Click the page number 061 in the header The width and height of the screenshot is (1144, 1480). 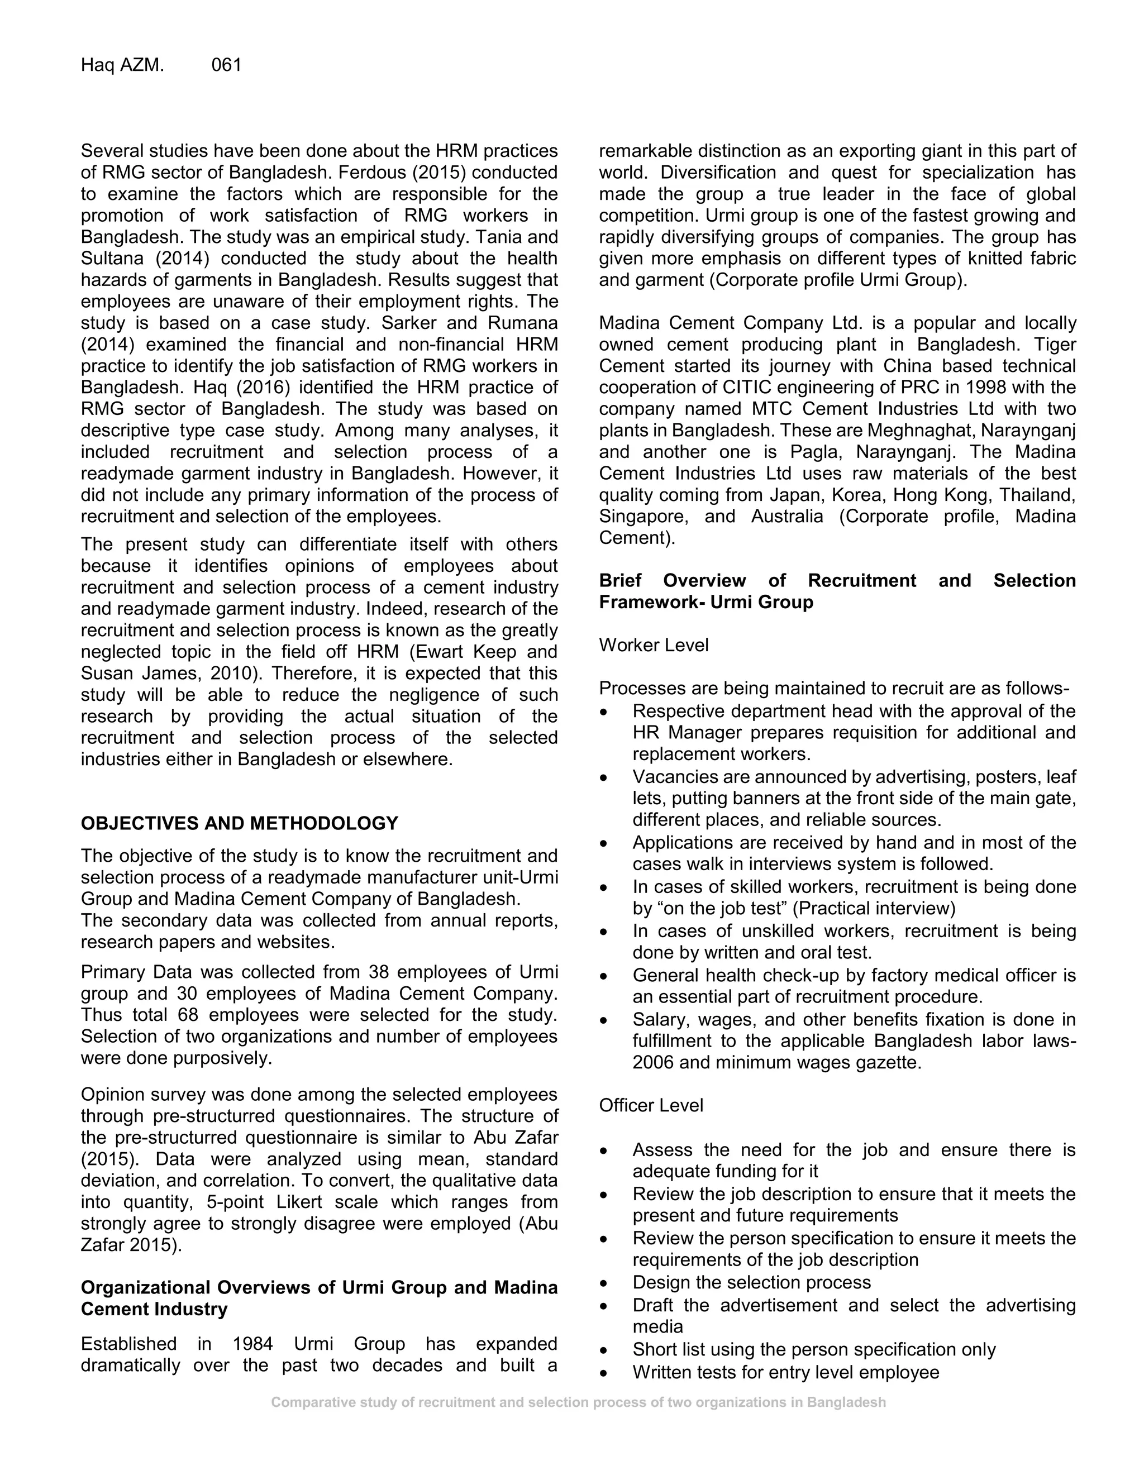click(x=226, y=65)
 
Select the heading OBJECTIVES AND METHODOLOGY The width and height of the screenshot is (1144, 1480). click(x=239, y=823)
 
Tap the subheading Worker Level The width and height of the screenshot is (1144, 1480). click(x=654, y=645)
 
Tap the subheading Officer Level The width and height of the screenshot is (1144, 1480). click(x=651, y=1105)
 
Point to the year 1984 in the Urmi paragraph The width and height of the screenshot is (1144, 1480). click(x=252, y=1344)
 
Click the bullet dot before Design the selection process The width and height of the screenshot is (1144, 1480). click(x=604, y=1283)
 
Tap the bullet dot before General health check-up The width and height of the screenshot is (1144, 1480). click(x=604, y=976)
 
